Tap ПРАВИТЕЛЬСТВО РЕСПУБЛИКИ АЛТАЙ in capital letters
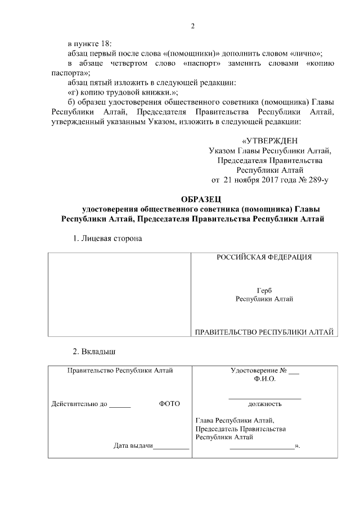[264, 332]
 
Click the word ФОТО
[169, 404]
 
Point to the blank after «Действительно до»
[120, 404]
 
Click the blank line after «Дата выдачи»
[171, 447]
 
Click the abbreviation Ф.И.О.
[264, 379]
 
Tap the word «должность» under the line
[264, 404]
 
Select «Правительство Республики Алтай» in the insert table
[120, 371]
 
